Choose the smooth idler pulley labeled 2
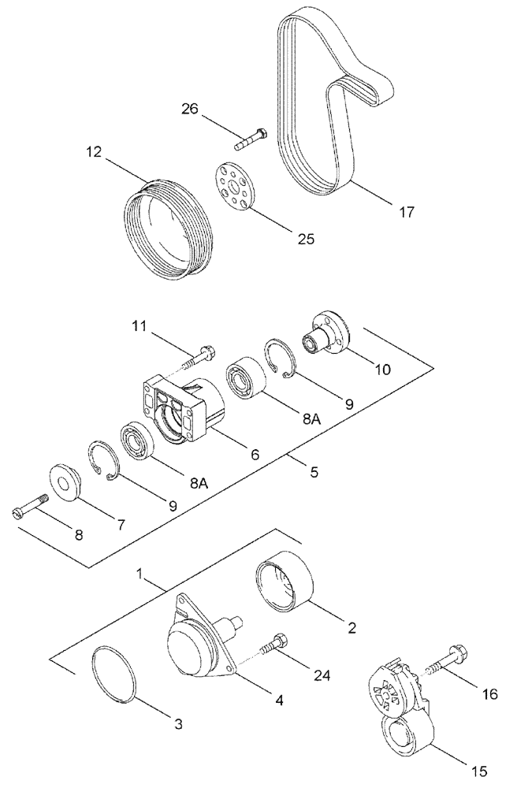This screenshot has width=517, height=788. [285, 583]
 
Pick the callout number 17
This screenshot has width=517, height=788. [406, 211]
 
